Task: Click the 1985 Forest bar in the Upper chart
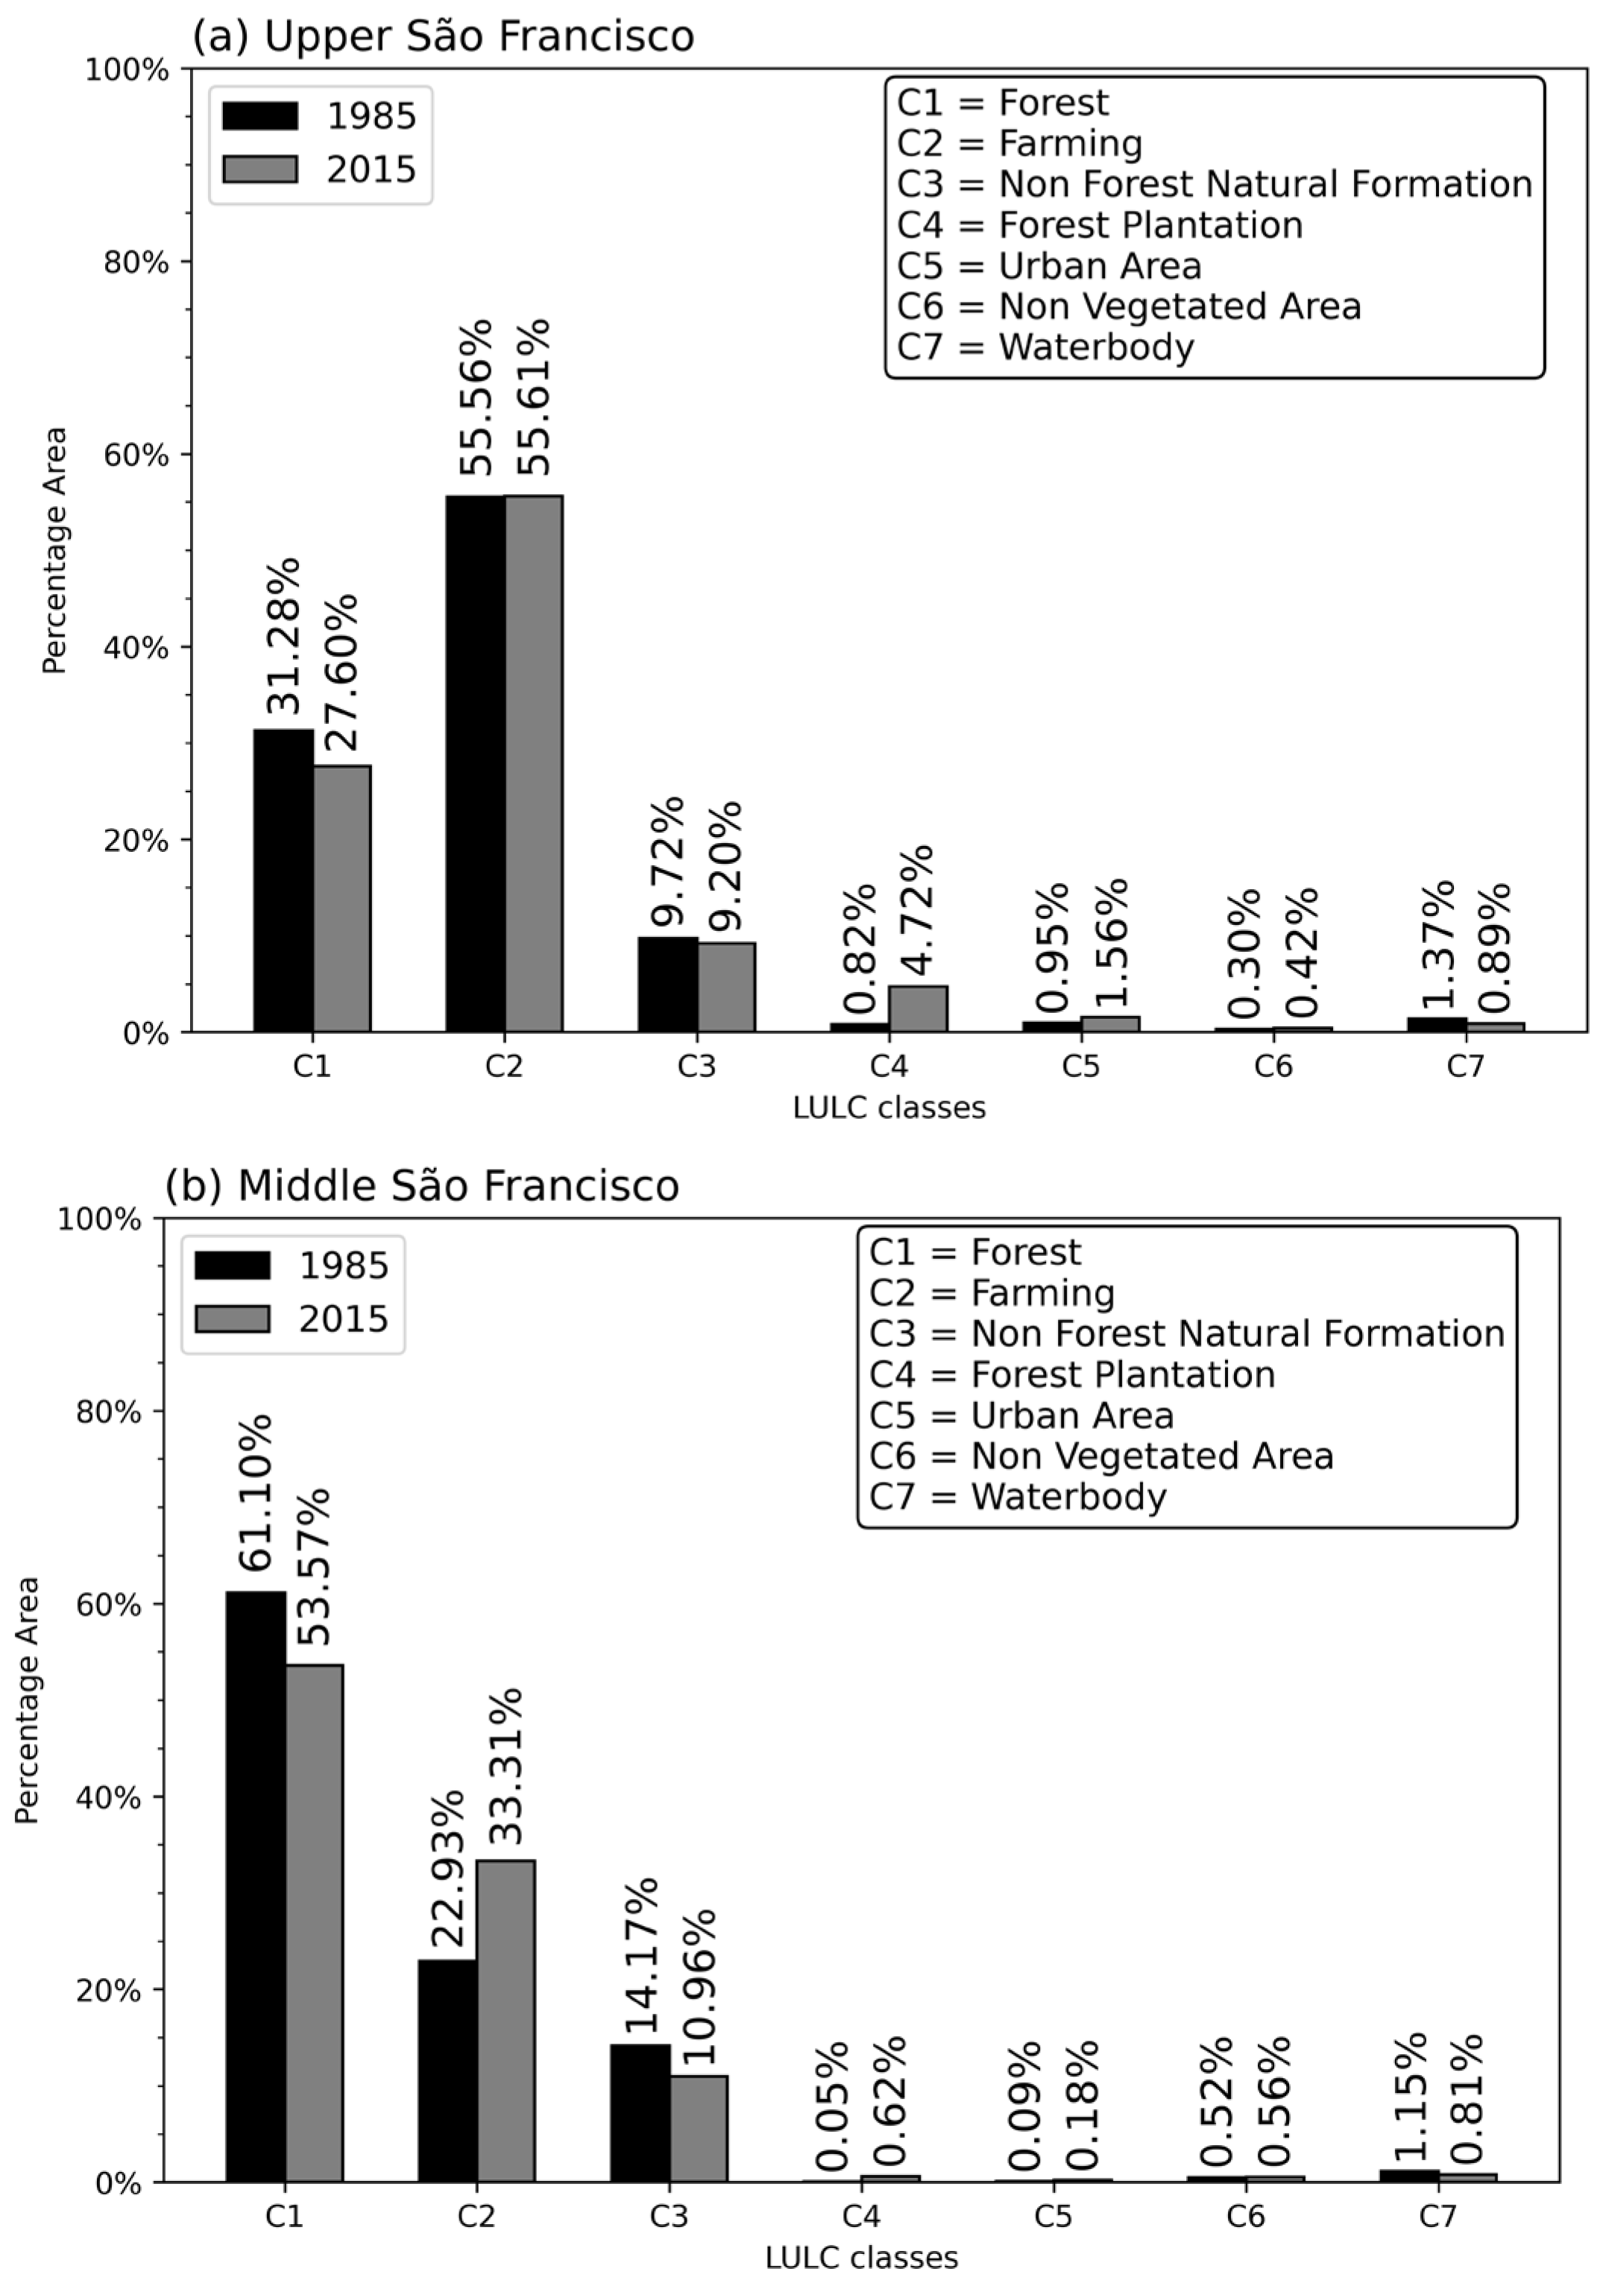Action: pyautogui.click(x=283, y=880)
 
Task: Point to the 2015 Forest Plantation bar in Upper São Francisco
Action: pyautogui.click(x=918, y=1008)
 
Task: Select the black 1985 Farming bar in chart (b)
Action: pyautogui.click(x=447, y=2071)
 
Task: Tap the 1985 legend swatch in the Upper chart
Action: pyautogui.click(x=259, y=116)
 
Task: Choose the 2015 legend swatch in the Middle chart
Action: pyautogui.click(x=232, y=1319)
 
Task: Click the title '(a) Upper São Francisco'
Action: pyautogui.click(x=443, y=37)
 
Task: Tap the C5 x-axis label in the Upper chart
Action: pyautogui.click(x=1081, y=1066)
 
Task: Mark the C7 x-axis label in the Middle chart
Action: pyautogui.click(x=1437, y=2215)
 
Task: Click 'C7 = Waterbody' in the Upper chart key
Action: pyautogui.click(x=1045, y=347)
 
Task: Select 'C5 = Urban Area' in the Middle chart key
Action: pyautogui.click(x=1021, y=1415)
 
